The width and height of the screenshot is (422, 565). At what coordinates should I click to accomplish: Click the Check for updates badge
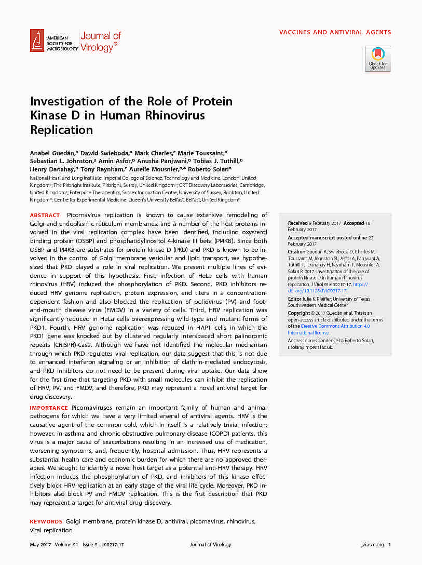(x=377, y=58)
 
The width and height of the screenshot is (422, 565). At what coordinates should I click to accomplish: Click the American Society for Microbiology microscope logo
(x=37, y=40)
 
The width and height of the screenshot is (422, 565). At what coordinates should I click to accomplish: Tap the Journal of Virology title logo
(x=100, y=42)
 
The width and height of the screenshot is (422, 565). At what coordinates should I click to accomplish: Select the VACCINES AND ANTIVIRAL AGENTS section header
(x=335, y=32)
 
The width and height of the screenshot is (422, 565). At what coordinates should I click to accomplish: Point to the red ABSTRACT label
(x=45, y=215)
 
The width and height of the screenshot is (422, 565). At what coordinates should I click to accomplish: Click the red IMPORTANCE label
(x=49, y=408)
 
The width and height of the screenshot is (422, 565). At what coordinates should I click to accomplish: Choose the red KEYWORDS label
(x=46, y=521)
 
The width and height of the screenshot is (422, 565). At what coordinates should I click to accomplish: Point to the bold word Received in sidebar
(x=298, y=223)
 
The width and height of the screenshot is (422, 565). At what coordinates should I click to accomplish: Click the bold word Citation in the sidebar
(x=297, y=252)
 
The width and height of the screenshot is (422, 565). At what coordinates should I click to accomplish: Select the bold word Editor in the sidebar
(x=294, y=299)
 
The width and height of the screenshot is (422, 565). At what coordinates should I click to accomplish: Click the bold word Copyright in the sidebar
(x=299, y=313)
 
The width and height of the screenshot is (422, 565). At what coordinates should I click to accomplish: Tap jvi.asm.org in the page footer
(x=372, y=545)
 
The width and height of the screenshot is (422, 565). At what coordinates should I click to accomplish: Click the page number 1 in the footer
(x=390, y=545)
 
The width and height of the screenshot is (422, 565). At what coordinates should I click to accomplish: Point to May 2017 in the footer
(x=39, y=545)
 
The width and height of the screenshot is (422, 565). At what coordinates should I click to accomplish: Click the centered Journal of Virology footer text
(x=210, y=545)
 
